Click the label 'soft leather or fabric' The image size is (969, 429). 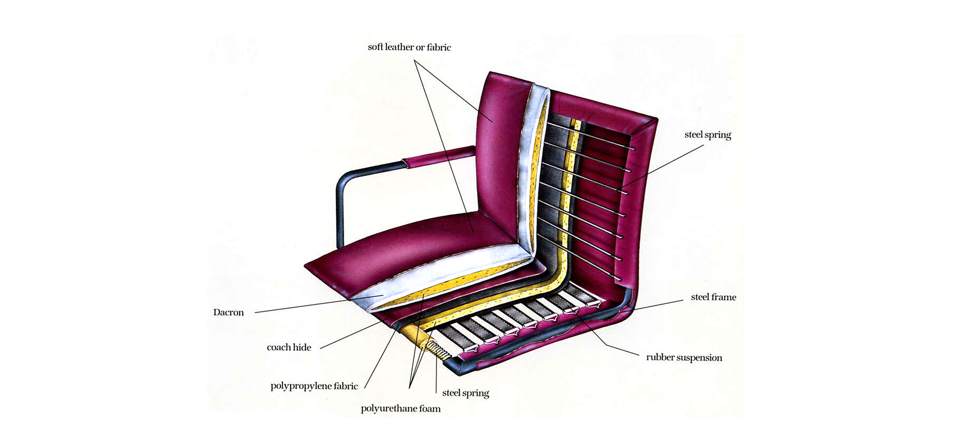coord(409,47)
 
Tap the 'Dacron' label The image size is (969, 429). coord(228,312)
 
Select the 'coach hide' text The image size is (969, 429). coord(289,347)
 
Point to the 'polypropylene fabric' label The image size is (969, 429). coord(314,386)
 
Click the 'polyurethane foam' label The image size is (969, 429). coord(400,408)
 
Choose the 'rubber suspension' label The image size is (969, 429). coord(684,357)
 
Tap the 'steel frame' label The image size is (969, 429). coord(713,297)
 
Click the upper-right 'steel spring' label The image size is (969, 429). coord(708,135)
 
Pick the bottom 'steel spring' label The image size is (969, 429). coord(465,393)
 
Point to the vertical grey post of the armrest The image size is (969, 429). coord(341,212)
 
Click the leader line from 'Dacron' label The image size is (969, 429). coord(303,306)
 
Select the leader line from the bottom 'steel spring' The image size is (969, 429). coord(436,373)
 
